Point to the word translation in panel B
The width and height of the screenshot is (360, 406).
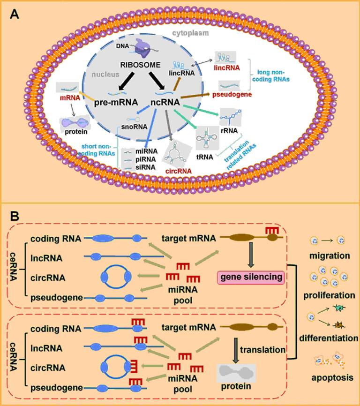click(255, 350)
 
